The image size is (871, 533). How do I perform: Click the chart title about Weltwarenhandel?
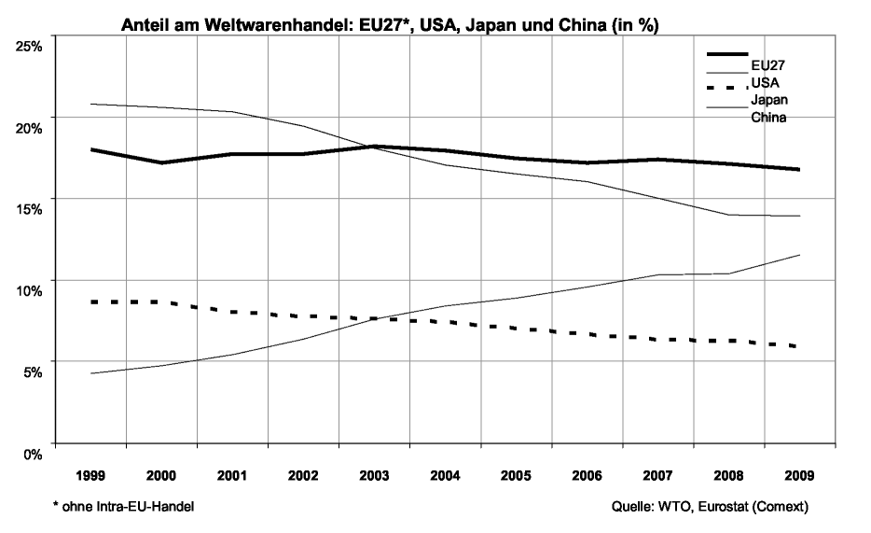(x=391, y=26)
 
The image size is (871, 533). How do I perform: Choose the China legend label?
(x=769, y=119)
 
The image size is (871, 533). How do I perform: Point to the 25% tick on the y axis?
(x=29, y=46)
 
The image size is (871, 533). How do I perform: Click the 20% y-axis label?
(x=29, y=127)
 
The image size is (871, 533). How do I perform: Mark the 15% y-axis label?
(x=29, y=209)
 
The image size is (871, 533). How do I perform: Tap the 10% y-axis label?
(x=29, y=290)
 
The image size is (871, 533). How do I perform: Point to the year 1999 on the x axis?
(x=90, y=475)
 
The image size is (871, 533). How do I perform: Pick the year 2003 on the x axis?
(x=374, y=475)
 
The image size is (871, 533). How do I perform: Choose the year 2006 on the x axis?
(x=587, y=475)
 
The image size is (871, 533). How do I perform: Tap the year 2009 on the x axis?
(x=799, y=475)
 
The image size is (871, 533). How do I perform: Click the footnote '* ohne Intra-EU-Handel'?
(x=124, y=506)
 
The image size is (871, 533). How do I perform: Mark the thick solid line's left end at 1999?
(x=91, y=149)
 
